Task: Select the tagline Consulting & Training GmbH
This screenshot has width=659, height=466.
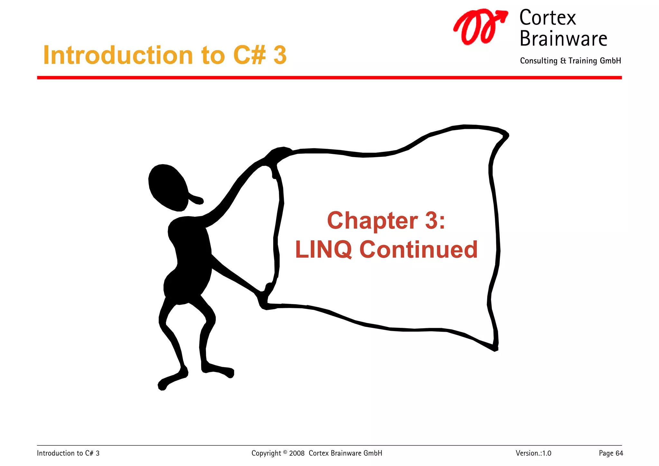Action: pos(570,61)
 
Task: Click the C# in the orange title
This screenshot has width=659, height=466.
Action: pos(249,55)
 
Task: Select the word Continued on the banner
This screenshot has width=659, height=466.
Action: pos(418,250)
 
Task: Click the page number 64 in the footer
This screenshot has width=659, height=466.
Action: pos(619,453)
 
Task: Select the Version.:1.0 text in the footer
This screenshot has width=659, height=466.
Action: pos(533,453)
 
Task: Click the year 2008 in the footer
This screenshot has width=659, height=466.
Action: pos(297,453)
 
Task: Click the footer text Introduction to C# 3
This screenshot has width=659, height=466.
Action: pos(68,453)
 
